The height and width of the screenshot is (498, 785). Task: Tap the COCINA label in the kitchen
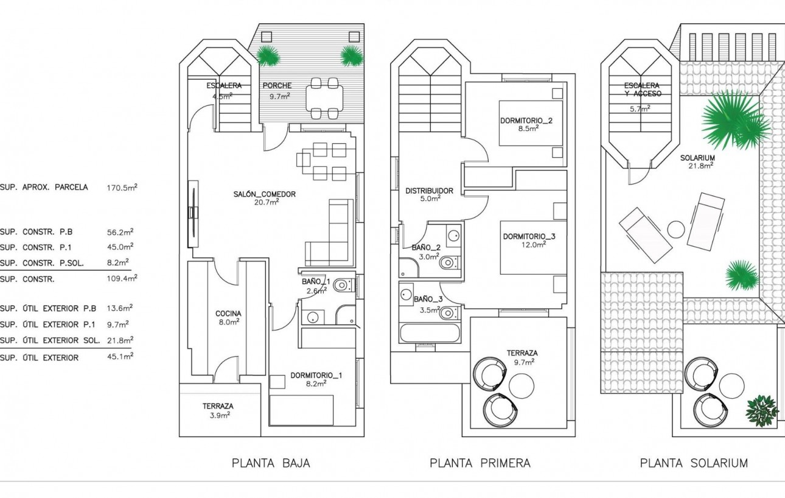(x=228, y=314)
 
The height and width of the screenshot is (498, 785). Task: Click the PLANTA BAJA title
(x=271, y=463)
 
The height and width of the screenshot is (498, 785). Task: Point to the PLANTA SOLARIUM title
(x=694, y=463)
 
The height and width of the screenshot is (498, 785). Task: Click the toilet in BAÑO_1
(x=343, y=285)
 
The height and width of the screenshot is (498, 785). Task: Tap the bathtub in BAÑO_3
(x=430, y=334)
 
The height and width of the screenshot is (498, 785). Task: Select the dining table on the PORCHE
(x=324, y=98)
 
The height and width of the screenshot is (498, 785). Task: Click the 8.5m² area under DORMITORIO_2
(x=528, y=129)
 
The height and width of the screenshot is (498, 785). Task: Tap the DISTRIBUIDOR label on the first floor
(x=429, y=191)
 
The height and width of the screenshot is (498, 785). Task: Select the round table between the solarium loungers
(x=676, y=230)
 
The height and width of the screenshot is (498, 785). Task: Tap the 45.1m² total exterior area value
(x=120, y=357)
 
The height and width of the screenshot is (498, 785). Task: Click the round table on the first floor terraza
(x=522, y=385)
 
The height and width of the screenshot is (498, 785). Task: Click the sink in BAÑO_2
(x=452, y=236)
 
